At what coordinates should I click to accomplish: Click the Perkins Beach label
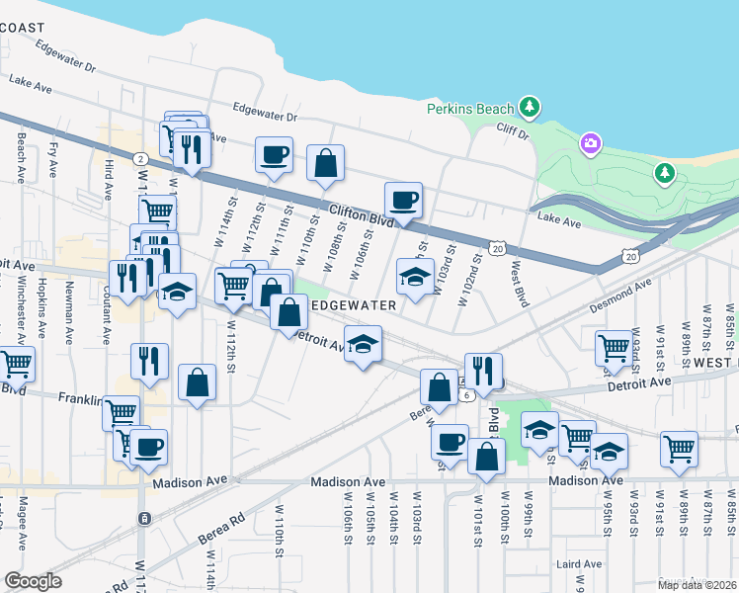pyautogui.click(x=470, y=108)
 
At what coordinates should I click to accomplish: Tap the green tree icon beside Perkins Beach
pyautogui.click(x=531, y=106)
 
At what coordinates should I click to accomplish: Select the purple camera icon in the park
pyautogui.click(x=591, y=144)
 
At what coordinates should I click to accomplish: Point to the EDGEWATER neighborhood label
pyautogui.click(x=354, y=305)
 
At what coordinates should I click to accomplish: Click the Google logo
pyautogui.click(x=33, y=581)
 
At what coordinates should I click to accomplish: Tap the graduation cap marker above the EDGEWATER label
pyautogui.click(x=416, y=276)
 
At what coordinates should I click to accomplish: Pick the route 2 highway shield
pyautogui.click(x=141, y=159)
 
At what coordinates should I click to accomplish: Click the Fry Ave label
pyautogui.click(x=53, y=158)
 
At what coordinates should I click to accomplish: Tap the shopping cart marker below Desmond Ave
pyautogui.click(x=615, y=349)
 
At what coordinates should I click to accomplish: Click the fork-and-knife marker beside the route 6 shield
pyautogui.click(x=483, y=372)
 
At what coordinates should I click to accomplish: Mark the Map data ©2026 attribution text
pyautogui.click(x=697, y=584)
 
